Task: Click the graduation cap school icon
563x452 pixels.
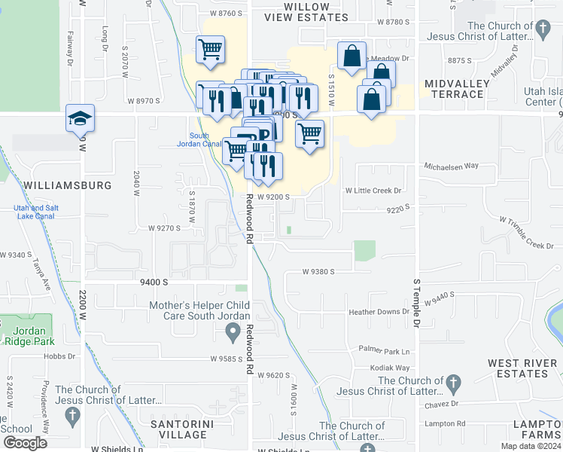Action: click(x=80, y=119)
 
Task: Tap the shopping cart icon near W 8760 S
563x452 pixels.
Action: click(x=210, y=50)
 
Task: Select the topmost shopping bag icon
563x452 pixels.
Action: click(x=351, y=55)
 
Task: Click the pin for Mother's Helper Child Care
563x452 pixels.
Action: click(x=233, y=331)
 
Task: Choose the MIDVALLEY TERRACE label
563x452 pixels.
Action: click(x=453, y=88)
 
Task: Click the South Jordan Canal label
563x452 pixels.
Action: click(x=199, y=140)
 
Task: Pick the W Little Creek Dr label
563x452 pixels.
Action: click(x=373, y=191)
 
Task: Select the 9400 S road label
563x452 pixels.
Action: click(x=154, y=281)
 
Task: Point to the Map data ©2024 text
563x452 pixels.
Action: click(x=533, y=446)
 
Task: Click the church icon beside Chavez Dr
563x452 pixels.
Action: click(x=452, y=383)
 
